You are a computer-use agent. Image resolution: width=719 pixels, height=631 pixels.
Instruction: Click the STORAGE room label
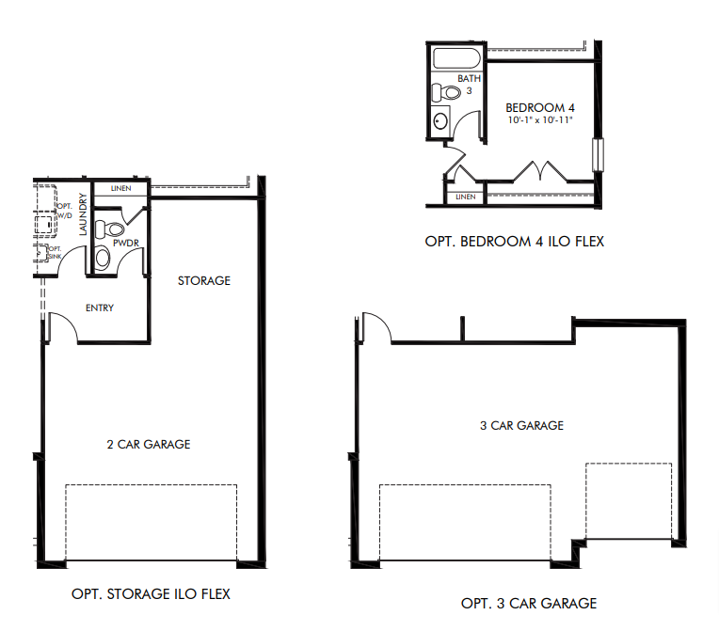(x=204, y=281)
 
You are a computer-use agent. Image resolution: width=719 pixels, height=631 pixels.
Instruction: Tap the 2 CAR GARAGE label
(x=148, y=444)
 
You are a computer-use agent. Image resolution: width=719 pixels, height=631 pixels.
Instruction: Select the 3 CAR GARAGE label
(x=521, y=425)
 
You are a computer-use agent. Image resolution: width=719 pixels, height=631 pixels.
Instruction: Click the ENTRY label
(x=99, y=308)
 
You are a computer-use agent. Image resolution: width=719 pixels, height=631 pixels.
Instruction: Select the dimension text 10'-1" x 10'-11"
(x=539, y=121)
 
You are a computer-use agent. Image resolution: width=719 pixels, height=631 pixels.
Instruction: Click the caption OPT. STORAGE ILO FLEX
(x=151, y=594)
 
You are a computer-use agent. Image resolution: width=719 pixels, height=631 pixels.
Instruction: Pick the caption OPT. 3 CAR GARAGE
(x=528, y=603)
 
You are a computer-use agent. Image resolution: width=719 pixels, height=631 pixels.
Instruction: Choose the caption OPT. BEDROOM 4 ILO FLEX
(x=514, y=242)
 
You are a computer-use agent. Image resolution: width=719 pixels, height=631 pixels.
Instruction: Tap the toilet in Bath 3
(x=445, y=93)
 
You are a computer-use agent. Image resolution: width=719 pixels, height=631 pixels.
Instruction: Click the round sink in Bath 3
(x=441, y=121)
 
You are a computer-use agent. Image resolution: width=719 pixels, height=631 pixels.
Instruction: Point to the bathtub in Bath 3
(x=455, y=60)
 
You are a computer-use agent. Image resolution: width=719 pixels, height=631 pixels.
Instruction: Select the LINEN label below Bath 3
(x=465, y=197)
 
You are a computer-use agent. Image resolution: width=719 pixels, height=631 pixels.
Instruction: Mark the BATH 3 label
(x=470, y=84)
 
